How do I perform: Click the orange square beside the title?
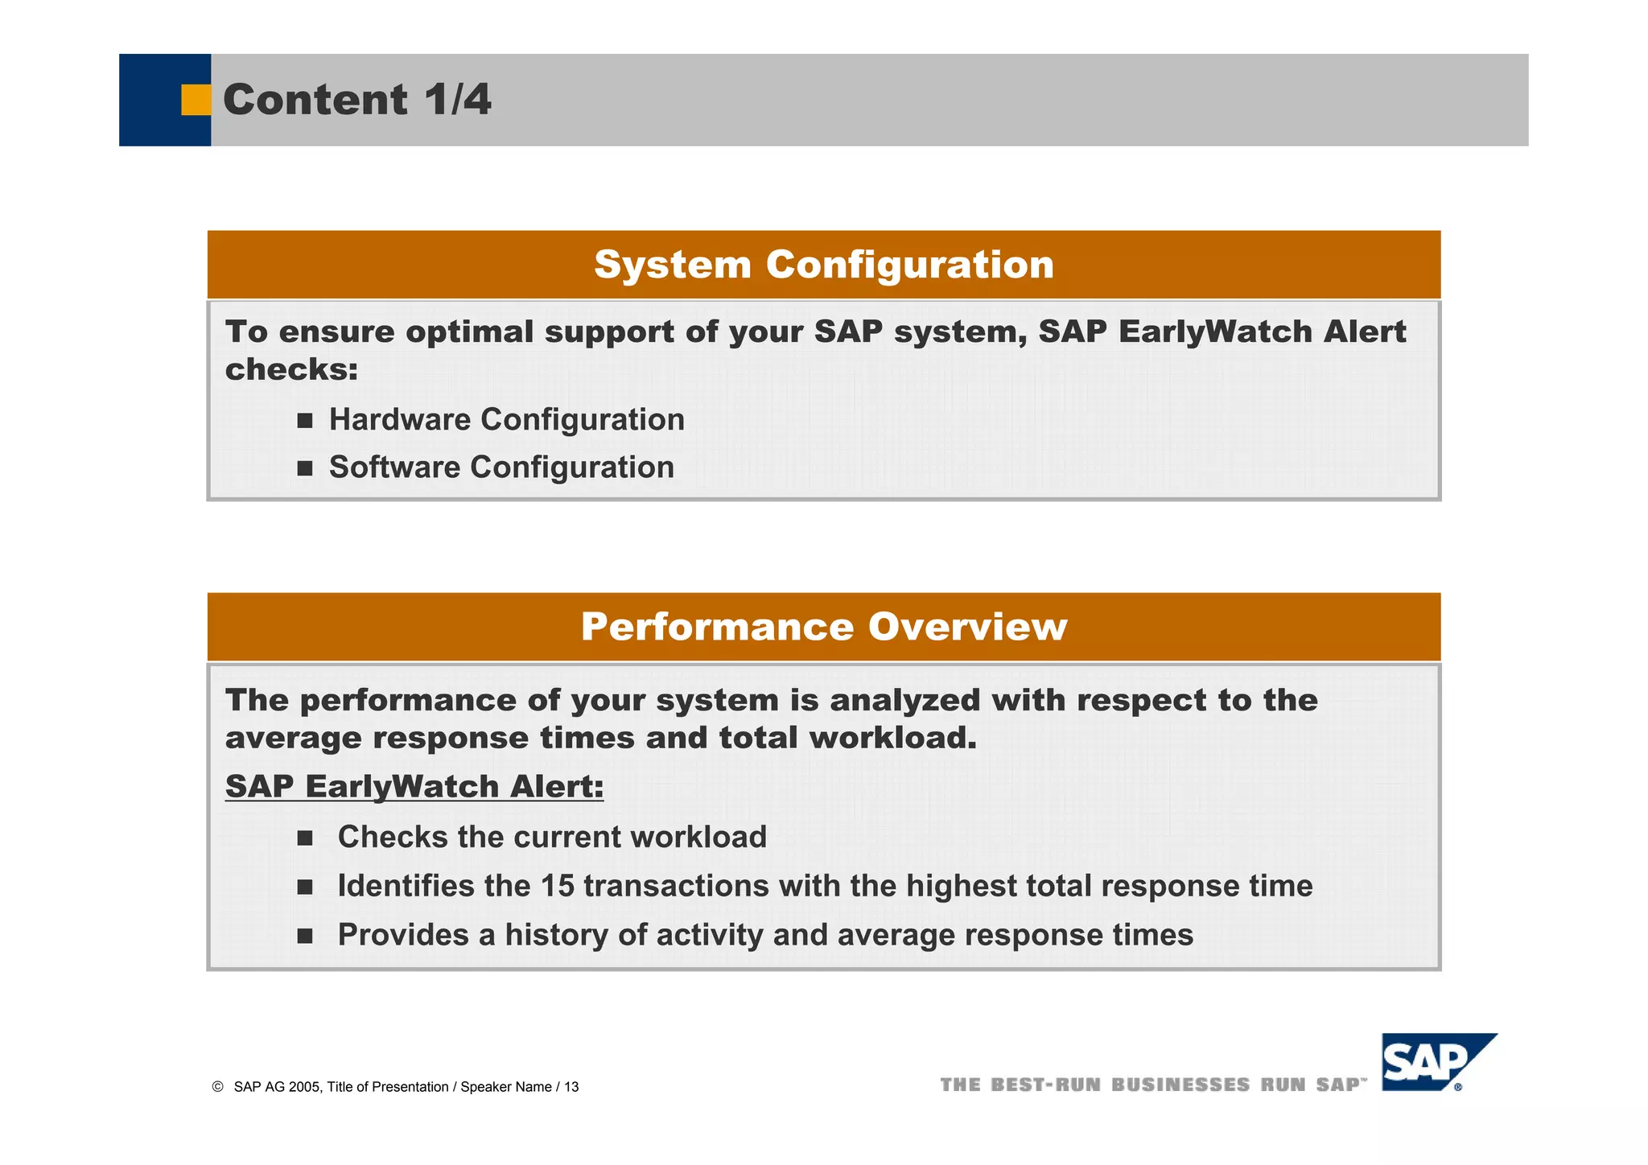[196, 100]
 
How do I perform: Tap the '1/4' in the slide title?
[457, 100]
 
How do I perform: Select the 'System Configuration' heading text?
[824, 265]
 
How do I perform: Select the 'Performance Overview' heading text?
[824, 627]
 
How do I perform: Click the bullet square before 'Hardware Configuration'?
[304, 421]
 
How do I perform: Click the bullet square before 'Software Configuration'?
[304, 468]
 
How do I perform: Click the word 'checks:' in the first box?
[291, 370]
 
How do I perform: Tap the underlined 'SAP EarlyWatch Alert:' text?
[414, 787]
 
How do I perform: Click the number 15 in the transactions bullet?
[557, 886]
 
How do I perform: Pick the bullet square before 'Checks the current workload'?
[304, 838]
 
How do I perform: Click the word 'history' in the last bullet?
[556, 935]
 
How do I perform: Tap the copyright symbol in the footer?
[217, 1087]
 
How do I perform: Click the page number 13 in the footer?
[571, 1087]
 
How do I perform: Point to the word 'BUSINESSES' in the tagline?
[1180, 1085]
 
